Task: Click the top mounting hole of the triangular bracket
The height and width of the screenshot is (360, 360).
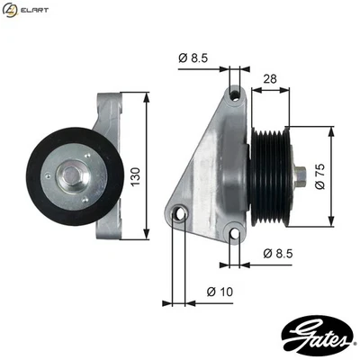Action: coord(235,94)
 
